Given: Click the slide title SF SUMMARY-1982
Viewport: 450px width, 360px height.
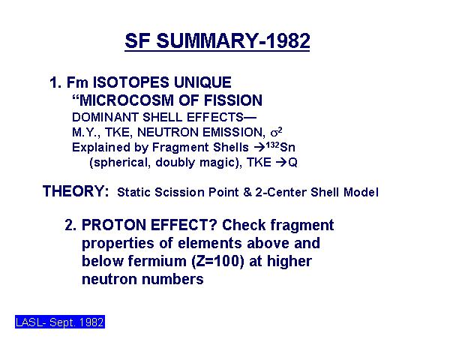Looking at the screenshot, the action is [x=217, y=40].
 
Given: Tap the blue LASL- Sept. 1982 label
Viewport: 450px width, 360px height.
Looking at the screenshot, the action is [x=60, y=322].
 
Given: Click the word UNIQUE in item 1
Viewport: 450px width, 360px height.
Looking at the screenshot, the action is [x=202, y=82].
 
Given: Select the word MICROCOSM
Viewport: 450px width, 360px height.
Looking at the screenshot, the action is [x=126, y=100].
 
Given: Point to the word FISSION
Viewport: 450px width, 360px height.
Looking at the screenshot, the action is [x=233, y=100].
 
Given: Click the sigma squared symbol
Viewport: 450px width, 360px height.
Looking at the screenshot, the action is [x=276, y=132].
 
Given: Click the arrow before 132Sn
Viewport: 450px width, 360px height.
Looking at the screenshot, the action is [x=259, y=148].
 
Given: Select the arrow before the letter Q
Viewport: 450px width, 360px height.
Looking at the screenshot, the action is [x=281, y=163].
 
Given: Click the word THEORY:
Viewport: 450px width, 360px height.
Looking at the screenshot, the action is [x=76, y=191].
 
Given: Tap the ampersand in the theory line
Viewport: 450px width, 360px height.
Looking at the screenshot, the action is [x=247, y=192].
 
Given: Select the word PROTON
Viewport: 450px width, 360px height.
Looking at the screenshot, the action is [x=114, y=225].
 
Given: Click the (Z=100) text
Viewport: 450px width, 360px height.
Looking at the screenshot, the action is [x=217, y=262].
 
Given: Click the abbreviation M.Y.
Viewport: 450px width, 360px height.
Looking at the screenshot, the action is [x=86, y=133].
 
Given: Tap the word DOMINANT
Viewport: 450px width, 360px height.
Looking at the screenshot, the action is [x=105, y=117].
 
